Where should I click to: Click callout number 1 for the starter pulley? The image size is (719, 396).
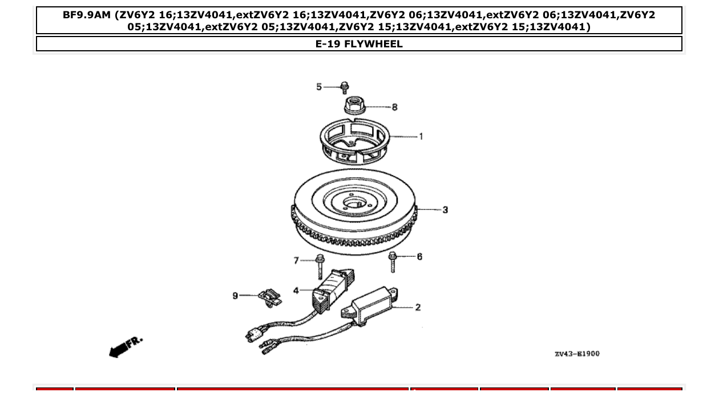click(421, 136)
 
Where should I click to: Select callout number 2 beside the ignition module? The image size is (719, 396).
click(418, 308)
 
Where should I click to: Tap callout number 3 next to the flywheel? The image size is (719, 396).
click(445, 210)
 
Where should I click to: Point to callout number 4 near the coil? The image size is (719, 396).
click(296, 290)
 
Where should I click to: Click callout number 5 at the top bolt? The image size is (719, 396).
click(319, 87)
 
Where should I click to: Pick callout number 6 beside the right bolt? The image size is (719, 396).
click(419, 257)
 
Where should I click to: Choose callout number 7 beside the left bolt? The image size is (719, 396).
click(296, 261)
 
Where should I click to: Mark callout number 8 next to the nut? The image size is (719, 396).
click(394, 107)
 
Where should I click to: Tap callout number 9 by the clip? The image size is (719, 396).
click(235, 296)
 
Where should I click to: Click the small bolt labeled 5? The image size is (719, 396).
click(344, 88)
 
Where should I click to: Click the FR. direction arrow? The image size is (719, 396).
click(125, 346)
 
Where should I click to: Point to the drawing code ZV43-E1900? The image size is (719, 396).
click(576, 354)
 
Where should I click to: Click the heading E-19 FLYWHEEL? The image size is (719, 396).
click(359, 44)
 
